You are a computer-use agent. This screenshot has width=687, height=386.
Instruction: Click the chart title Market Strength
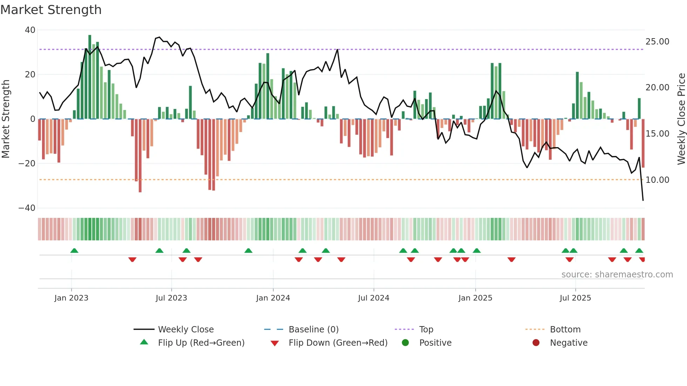[x=51, y=10]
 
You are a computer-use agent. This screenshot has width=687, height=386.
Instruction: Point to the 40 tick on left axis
[x=30, y=30]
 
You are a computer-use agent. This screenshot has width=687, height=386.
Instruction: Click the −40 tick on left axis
[x=27, y=208]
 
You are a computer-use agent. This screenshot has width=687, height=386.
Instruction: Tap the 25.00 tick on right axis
[x=657, y=42]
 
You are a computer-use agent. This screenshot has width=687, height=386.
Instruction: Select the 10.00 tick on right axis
[x=657, y=180]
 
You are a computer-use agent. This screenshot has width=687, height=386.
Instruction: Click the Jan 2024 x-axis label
[x=273, y=298]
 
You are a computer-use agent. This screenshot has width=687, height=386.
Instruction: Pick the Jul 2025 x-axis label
[x=575, y=298]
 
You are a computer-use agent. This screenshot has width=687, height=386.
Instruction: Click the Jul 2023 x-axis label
[x=171, y=298]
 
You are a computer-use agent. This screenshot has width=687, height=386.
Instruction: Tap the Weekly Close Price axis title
[x=681, y=119]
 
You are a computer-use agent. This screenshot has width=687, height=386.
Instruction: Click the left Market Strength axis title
[x=6, y=119]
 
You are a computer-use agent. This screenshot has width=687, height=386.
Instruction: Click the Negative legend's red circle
[x=536, y=343]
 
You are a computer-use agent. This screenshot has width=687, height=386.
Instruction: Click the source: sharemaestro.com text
[x=617, y=275]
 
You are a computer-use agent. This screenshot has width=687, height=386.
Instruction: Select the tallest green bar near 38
[x=90, y=77]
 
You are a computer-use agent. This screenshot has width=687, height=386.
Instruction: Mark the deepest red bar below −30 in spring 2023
[x=140, y=156]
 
